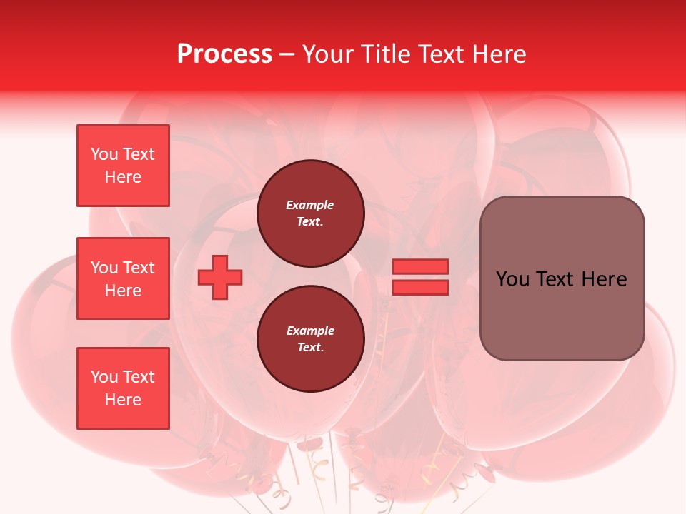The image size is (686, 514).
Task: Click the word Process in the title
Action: (224, 54)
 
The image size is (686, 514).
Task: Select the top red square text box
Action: (123, 166)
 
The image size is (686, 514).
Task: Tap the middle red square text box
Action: (123, 278)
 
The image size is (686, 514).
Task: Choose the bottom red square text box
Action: (123, 388)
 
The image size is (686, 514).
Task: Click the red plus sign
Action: (220, 277)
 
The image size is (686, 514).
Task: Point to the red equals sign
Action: (421, 277)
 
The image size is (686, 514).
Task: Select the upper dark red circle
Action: (311, 213)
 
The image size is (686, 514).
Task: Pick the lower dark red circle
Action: (311, 339)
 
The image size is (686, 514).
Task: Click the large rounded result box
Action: (562, 278)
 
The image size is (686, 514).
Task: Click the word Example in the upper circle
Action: (309, 206)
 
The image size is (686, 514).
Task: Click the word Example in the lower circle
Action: (310, 331)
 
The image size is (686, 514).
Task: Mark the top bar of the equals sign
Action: (421, 267)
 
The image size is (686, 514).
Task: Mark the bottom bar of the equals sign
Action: (421, 287)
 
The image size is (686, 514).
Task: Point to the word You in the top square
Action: (104, 154)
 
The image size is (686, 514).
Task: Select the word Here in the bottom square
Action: (123, 400)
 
